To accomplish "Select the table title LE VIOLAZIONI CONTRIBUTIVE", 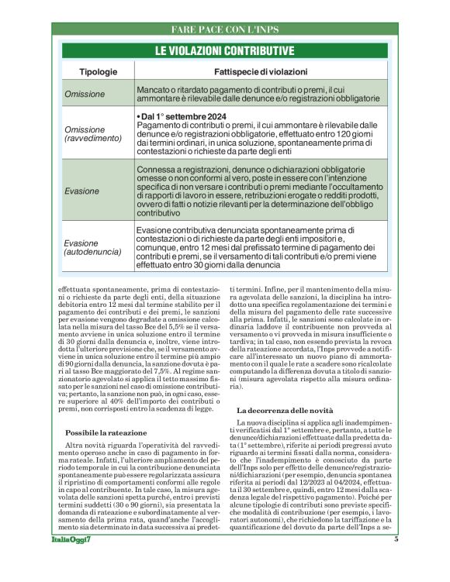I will [224, 51].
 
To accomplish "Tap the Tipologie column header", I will [99, 71].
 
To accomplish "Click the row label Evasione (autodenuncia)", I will [92, 246].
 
